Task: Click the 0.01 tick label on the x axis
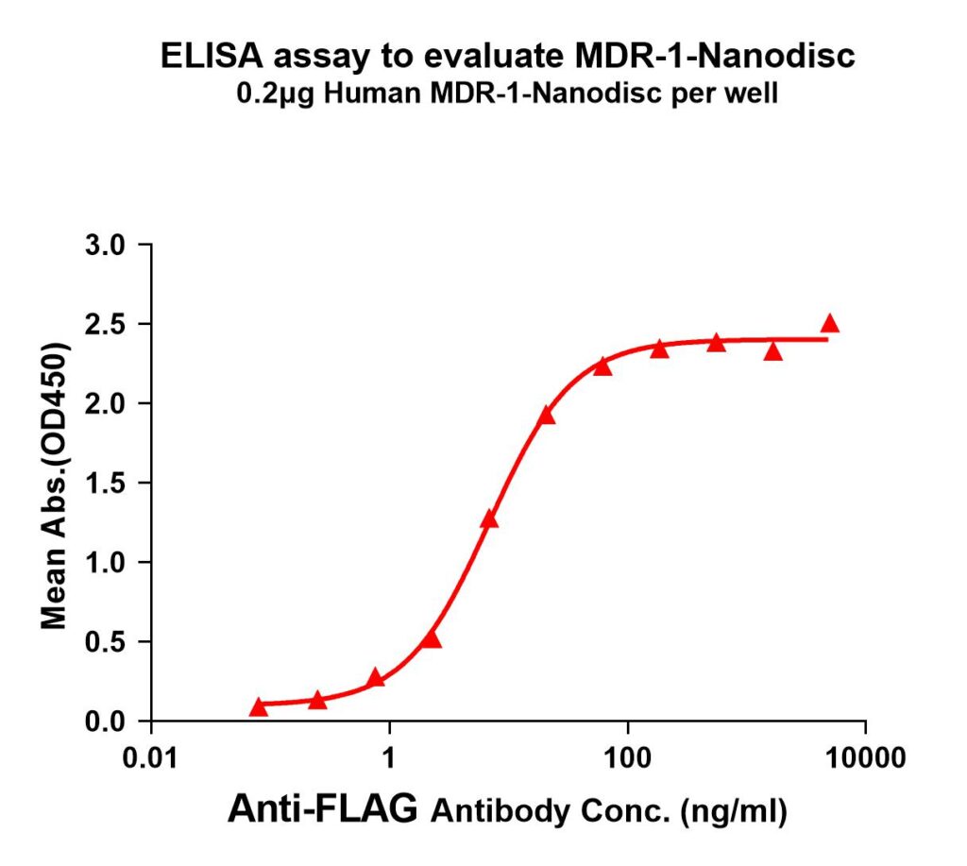coord(151,757)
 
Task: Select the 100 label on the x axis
coord(626,757)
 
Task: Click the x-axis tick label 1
coord(388,757)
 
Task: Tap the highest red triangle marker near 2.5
coord(830,324)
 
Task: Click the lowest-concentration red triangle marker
coord(259,707)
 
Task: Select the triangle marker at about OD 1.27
coord(489,519)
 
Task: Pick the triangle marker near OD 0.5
coord(432,639)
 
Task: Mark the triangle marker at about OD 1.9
coord(546,416)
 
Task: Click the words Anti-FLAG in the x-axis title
coord(322,809)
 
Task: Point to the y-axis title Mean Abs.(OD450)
coord(57,484)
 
